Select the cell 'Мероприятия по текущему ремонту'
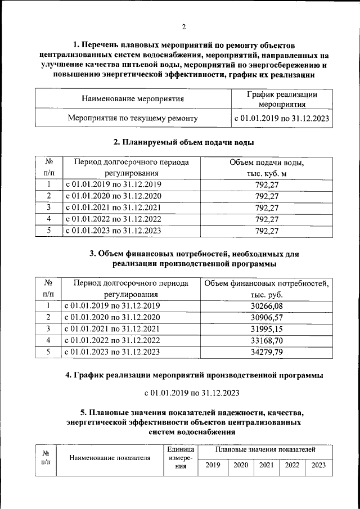(133, 119)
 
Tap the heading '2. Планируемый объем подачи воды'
(183, 142)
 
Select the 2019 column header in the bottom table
(213, 465)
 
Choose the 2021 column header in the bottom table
(266, 465)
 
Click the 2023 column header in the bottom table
(318, 465)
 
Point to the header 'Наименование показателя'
(110, 458)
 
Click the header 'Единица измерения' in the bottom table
(181, 461)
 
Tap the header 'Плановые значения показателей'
(265, 450)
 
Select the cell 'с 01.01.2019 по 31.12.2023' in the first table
(281, 119)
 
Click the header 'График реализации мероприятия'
(282, 99)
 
